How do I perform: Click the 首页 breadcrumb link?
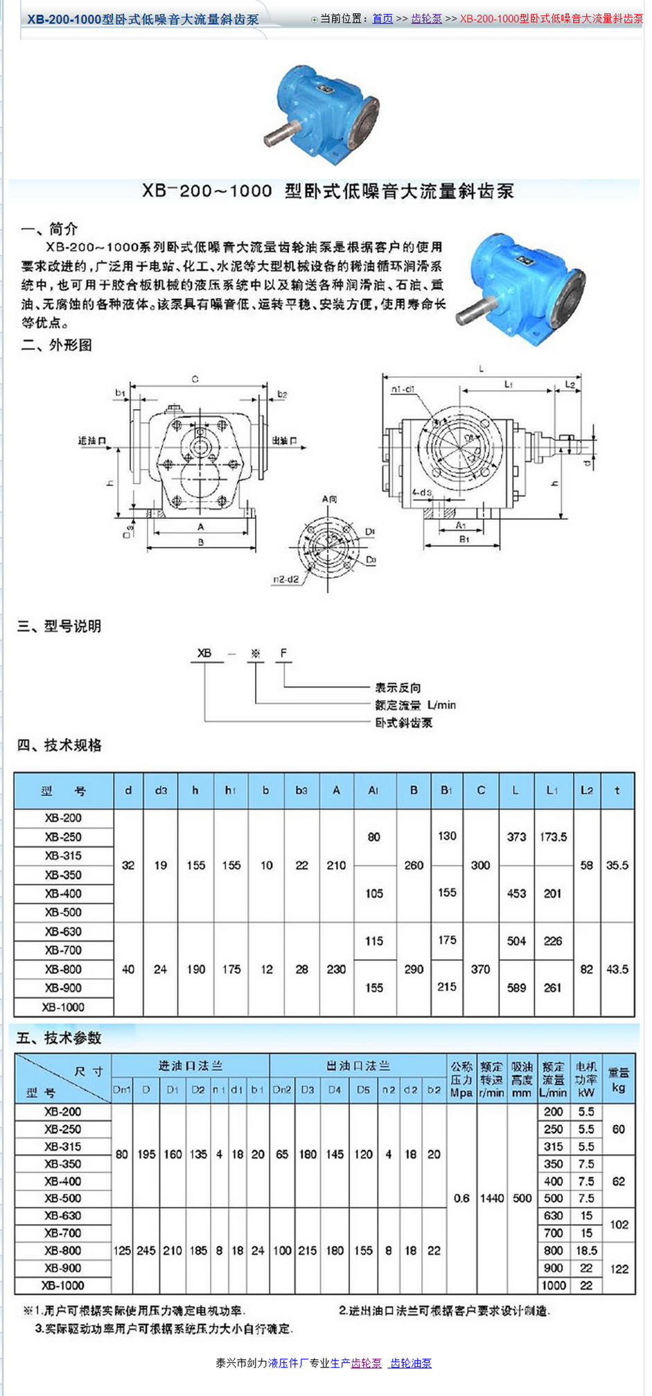point(382,19)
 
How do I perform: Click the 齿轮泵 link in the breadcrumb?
point(426,19)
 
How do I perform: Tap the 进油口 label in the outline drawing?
point(92,441)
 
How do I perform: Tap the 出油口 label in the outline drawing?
point(284,440)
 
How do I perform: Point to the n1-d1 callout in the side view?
point(403,390)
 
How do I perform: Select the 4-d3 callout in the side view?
point(421,492)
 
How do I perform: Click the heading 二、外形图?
point(57,345)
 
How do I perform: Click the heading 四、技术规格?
point(60,745)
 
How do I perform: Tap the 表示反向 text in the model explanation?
point(398,688)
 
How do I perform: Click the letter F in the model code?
point(283,653)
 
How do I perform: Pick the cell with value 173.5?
point(553,837)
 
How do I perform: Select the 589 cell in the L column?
point(516,988)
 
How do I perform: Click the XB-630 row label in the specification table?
point(63,932)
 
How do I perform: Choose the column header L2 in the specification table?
point(587,790)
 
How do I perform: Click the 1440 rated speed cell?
point(491,1198)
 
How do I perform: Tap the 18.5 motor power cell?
point(586,1250)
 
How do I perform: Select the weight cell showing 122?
point(619,1268)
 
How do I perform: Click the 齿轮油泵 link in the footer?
point(411,1363)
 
